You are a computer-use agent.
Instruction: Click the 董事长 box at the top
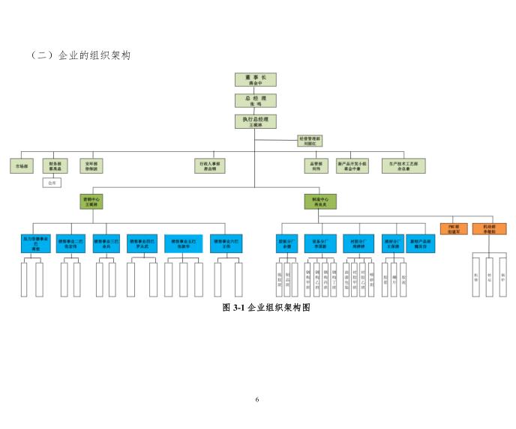point(256,80)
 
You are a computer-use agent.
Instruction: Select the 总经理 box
point(256,100)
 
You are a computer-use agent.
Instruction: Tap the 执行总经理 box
point(256,121)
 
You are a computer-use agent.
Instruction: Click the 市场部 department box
point(22,165)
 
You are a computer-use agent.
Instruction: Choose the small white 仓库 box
point(52,182)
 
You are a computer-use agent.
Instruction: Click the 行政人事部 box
point(210,165)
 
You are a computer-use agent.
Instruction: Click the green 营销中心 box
point(91,201)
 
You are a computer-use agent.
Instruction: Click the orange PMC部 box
point(454,228)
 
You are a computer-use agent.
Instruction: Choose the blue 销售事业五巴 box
point(184,243)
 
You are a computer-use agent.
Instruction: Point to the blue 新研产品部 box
point(421,243)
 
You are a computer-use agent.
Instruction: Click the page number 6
point(257,399)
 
